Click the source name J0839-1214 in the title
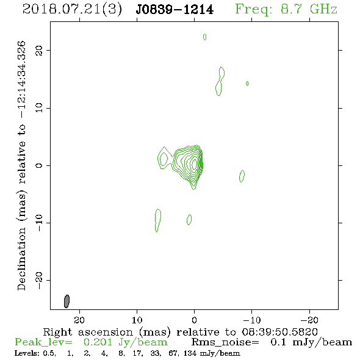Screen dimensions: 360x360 click(x=175, y=10)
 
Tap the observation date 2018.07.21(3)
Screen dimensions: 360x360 click(x=72, y=10)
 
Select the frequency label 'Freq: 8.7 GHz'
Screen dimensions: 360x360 click(x=286, y=9)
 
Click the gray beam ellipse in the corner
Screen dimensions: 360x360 click(x=67, y=301)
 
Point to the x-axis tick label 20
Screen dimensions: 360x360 click(x=79, y=320)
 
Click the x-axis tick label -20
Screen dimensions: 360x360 click(x=309, y=320)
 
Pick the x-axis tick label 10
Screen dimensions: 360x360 click(x=137, y=320)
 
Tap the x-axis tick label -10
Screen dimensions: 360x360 click(x=252, y=320)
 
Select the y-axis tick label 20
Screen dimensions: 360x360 click(x=39, y=50)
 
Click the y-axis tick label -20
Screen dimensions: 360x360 click(x=39, y=281)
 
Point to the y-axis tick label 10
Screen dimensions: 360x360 click(x=39, y=108)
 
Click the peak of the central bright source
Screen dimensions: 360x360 click(x=195, y=164)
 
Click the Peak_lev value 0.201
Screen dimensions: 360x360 click(x=98, y=342)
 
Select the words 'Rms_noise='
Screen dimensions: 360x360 click(x=225, y=342)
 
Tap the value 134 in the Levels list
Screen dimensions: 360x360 click(x=190, y=353)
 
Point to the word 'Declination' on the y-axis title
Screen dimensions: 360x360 click(x=21, y=259)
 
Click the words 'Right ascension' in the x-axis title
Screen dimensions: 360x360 click(x=88, y=332)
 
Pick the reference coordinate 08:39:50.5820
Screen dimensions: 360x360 click(x=280, y=332)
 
